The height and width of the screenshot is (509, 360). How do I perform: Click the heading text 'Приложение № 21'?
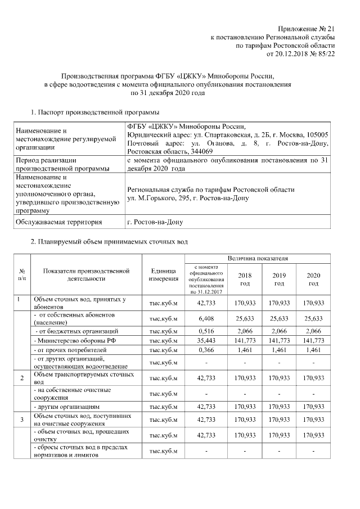(x=307, y=29)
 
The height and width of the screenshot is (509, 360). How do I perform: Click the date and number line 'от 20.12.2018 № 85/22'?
(x=297, y=54)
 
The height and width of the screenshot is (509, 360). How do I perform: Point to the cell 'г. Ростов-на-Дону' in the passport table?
(x=155, y=222)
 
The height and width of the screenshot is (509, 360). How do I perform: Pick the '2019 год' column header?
(x=279, y=279)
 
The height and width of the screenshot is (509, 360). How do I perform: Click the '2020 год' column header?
(x=313, y=279)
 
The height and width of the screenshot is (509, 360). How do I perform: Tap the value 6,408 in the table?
(x=207, y=318)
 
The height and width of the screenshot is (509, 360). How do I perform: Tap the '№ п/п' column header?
(x=22, y=274)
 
